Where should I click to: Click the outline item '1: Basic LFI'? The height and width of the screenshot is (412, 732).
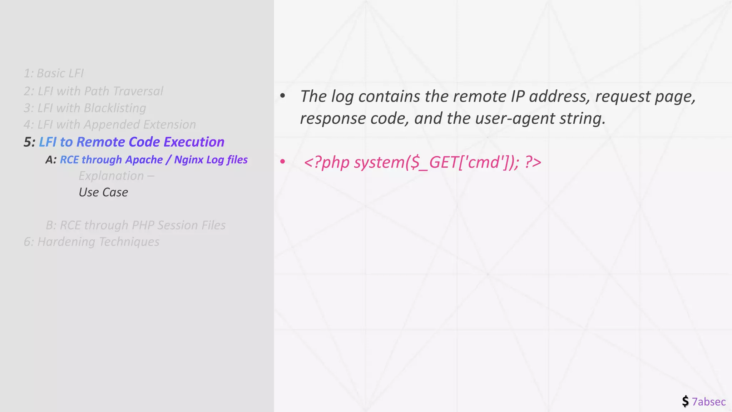click(54, 73)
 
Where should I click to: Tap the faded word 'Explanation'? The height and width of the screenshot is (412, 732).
click(111, 176)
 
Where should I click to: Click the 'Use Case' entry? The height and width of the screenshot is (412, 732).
click(103, 192)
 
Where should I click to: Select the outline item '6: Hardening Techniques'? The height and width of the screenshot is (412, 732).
click(91, 242)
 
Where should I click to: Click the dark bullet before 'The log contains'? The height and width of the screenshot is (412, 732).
click(283, 96)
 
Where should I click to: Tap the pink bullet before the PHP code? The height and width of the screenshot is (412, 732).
click(283, 162)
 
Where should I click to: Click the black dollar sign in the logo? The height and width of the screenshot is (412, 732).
click(685, 401)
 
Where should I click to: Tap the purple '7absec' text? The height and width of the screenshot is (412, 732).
click(708, 402)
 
